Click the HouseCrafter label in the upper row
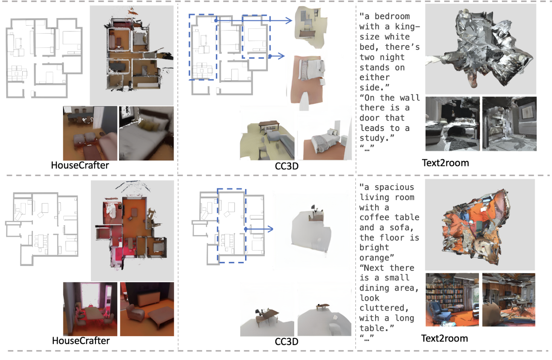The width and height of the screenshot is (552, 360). pos(80,165)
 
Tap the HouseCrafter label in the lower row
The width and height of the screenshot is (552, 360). pos(81,341)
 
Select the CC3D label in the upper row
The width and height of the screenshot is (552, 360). pos(287,166)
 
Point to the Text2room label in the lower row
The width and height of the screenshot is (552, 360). pos(444,338)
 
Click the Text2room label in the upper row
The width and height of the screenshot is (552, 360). pos(445,163)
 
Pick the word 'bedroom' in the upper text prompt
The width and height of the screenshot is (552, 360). pos(392,16)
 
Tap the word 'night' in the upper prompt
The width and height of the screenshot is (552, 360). pos(392,57)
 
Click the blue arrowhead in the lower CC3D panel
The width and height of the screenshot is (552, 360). pos(270,229)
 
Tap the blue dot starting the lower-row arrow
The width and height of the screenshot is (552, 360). pos(246,229)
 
